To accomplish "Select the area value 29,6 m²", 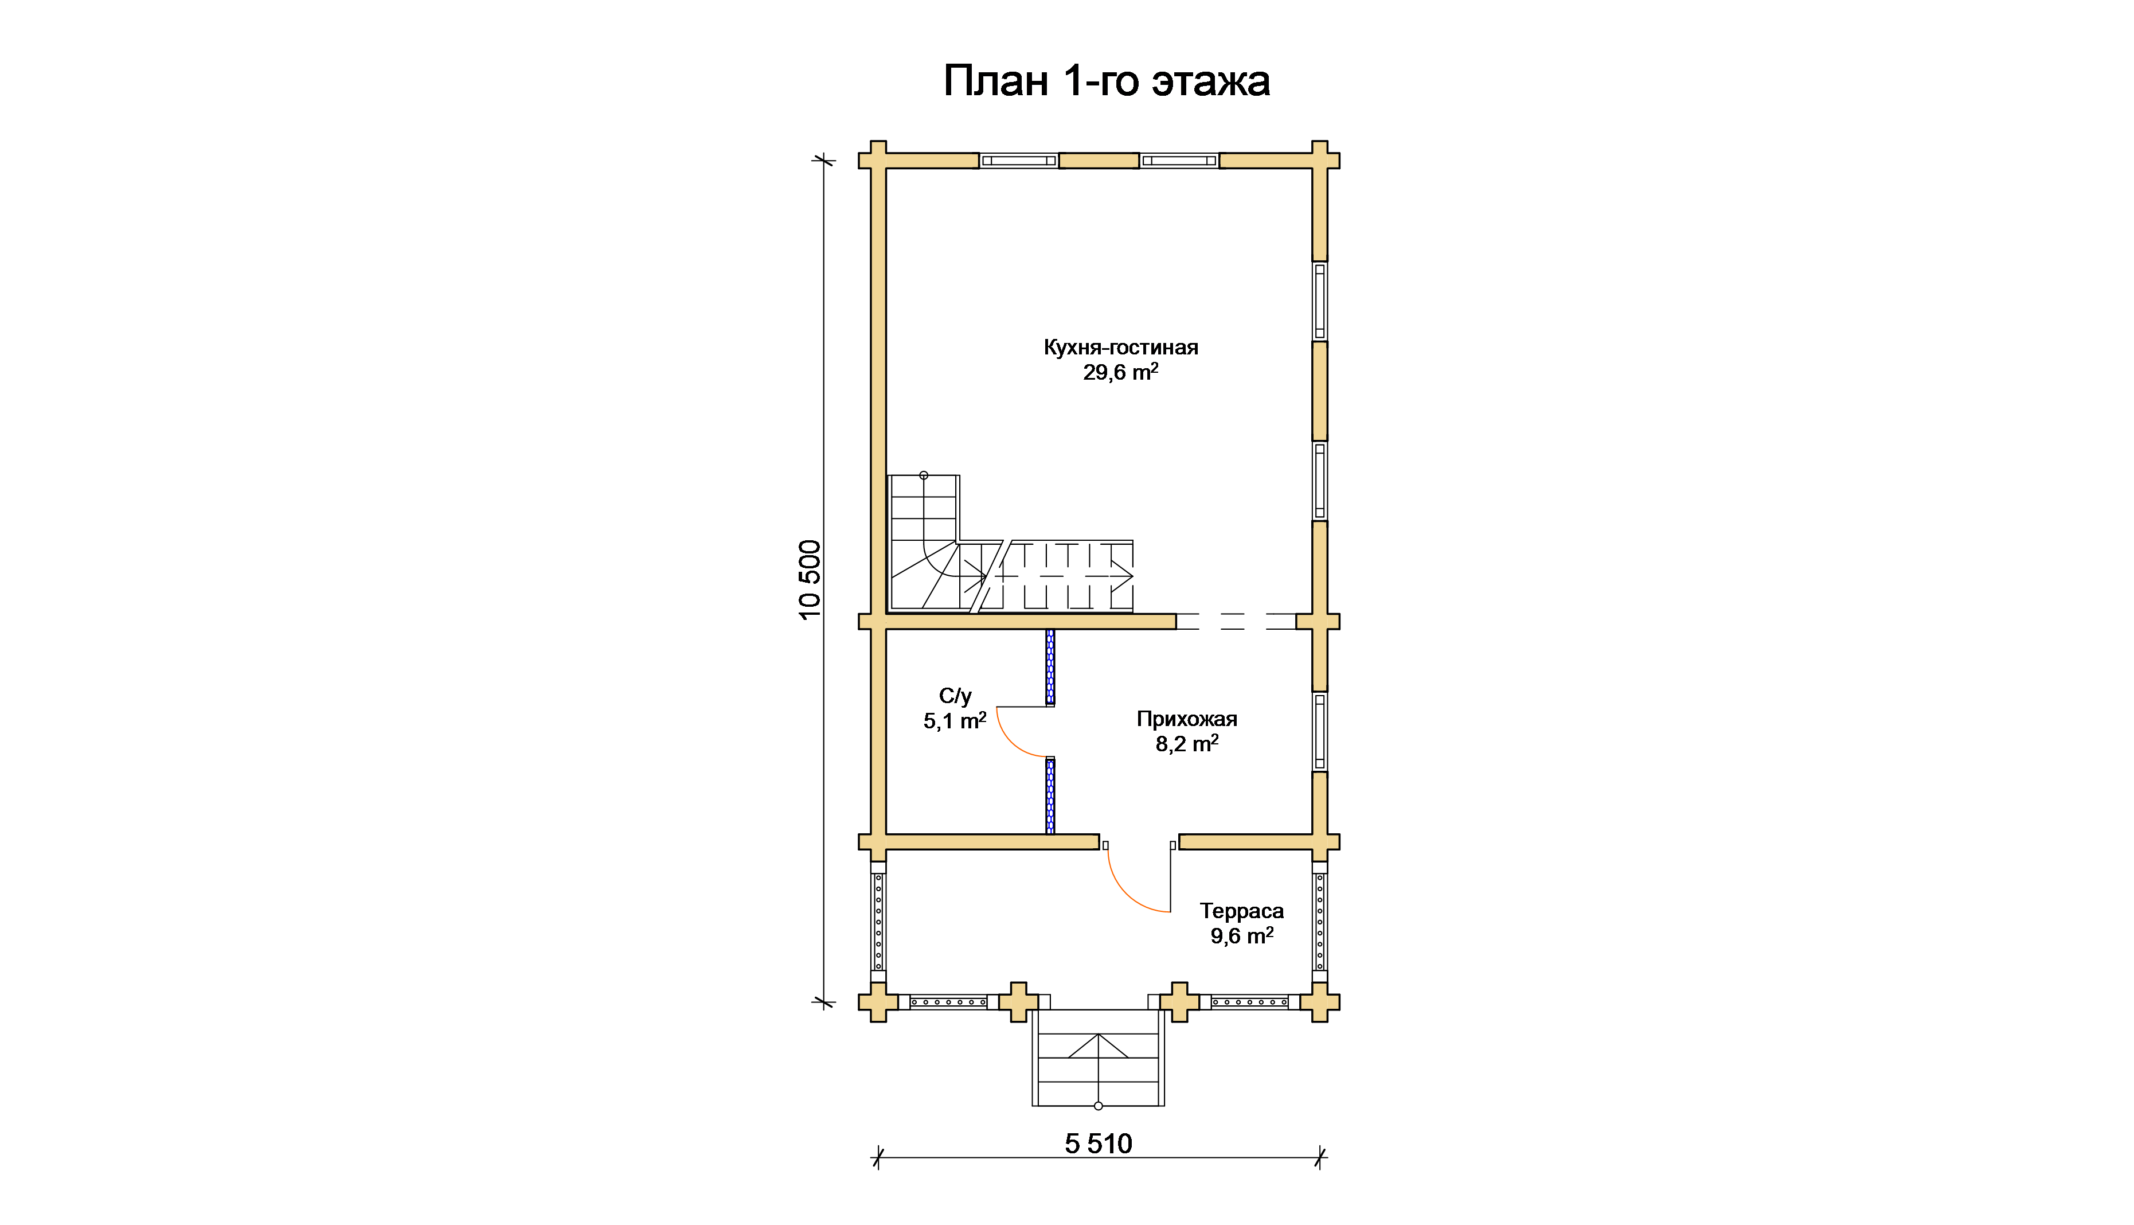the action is coord(1120,372).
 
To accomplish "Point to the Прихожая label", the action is coord(1187,719).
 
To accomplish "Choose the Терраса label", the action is coord(1241,911).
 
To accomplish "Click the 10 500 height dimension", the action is coord(809,580).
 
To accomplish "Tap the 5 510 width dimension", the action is coord(1099,1144).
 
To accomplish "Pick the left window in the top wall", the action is coord(1019,161).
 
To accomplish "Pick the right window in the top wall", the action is coord(1179,161).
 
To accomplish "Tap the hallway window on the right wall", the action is coord(1320,731).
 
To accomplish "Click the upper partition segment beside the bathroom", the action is coord(1050,667).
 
